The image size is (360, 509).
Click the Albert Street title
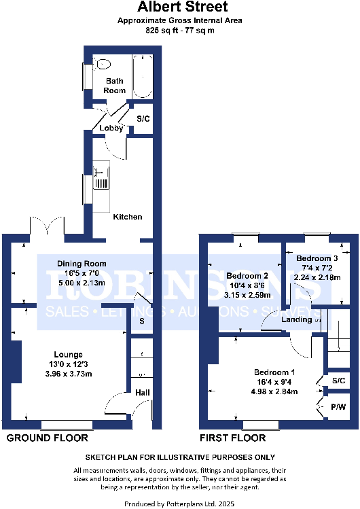click(179, 8)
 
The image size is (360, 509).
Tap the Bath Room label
click(115, 86)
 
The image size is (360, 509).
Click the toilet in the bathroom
click(103, 65)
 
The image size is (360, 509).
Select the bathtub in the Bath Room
click(142, 77)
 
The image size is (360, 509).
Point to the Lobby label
click(110, 128)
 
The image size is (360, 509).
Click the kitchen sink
click(100, 179)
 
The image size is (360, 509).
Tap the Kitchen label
click(128, 217)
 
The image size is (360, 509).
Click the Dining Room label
click(82, 263)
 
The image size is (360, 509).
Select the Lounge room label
click(69, 354)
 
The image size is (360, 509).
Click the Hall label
click(143, 392)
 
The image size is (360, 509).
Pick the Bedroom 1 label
click(274, 372)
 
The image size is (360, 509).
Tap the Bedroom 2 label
click(247, 276)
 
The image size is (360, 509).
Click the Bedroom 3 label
click(317, 258)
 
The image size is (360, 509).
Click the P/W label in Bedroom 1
click(338, 406)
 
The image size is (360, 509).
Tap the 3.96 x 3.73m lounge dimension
click(69, 374)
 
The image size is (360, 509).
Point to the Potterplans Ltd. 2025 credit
click(179, 504)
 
